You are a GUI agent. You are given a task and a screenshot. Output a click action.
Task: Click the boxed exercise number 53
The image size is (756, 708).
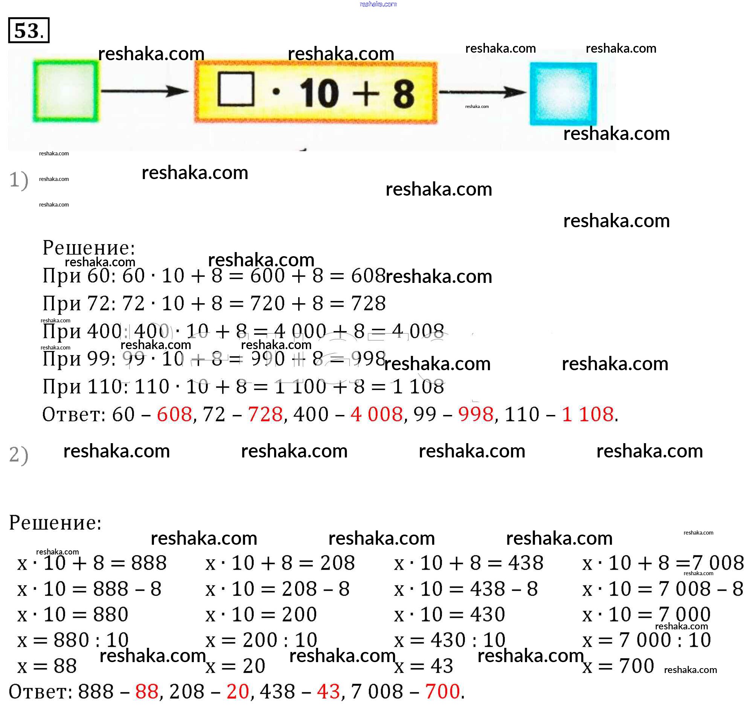click(x=29, y=30)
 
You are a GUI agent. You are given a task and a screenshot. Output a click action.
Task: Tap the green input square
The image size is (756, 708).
click(x=66, y=91)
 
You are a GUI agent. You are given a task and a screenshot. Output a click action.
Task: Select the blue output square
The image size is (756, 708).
click(x=563, y=94)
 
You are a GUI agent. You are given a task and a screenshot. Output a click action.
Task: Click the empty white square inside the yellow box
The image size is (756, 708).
click(x=236, y=88)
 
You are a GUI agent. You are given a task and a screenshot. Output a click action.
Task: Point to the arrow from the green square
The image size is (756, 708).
click(x=145, y=91)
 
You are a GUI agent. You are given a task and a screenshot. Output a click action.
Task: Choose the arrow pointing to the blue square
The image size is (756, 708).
click(x=482, y=92)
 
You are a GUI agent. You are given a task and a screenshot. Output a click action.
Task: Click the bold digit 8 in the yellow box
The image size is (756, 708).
click(x=404, y=94)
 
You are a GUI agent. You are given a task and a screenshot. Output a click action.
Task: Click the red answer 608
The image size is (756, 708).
click(x=174, y=414)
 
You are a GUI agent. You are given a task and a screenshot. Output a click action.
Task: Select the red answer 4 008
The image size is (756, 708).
click(x=376, y=414)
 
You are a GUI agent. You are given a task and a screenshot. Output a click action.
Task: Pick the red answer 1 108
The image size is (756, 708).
click(x=587, y=414)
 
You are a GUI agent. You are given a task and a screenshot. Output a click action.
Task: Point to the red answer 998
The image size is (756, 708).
click(x=476, y=414)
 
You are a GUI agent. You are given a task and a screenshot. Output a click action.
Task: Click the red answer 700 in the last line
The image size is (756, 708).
click(x=442, y=691)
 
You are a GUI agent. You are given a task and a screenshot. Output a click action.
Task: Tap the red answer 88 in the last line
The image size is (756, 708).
click(x=147, y=691)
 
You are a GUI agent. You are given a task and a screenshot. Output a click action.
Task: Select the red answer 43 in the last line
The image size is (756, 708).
click(x=328, y=691)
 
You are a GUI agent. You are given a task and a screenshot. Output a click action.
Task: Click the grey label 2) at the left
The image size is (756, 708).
click(x=18, y=454)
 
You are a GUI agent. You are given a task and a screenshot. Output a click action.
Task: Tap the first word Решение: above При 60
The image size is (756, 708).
click(x=88, y=248)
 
